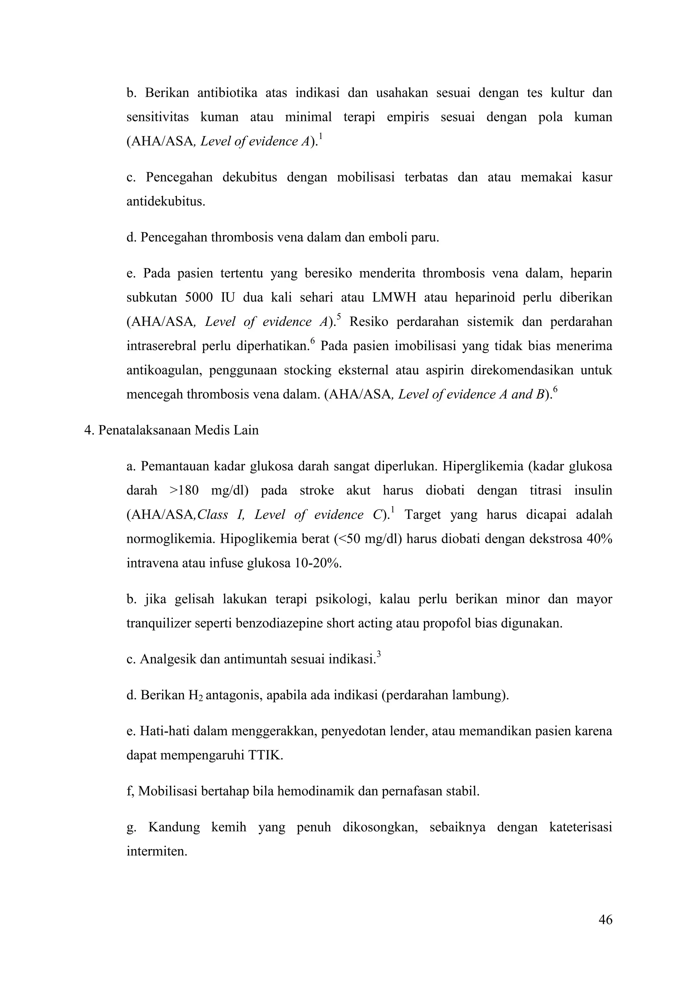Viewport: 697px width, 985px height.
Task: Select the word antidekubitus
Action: click(x=165, y=202)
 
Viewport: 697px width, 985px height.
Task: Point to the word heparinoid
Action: click(x=483, y=298)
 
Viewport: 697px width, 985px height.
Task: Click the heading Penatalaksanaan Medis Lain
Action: click(x=178, y=430)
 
